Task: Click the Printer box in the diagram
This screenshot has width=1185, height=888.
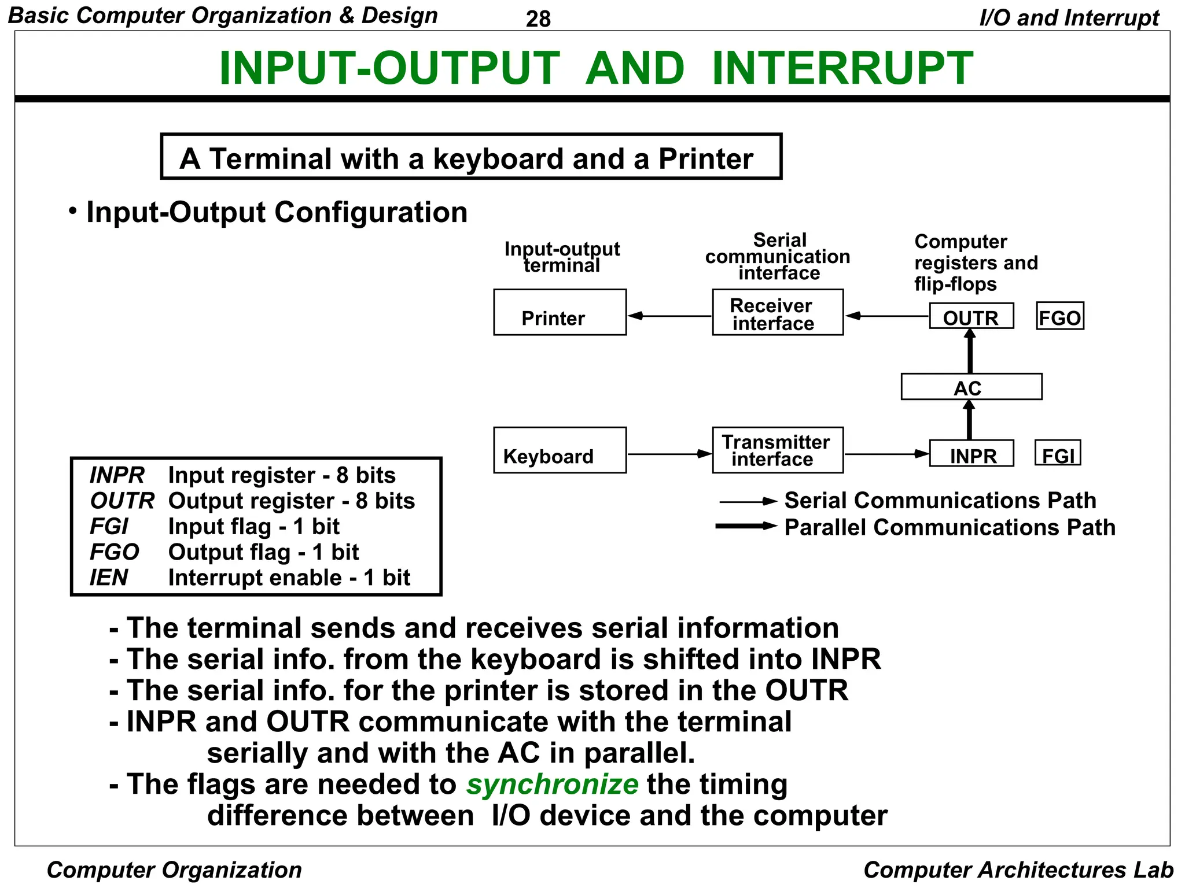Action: coord(560,312)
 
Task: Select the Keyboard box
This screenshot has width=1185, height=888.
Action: coord(560,450)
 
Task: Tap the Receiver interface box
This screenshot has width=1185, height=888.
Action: coord(777,312)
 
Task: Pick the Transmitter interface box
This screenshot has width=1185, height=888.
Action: coord(777,450)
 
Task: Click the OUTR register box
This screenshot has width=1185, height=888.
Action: coord(971,316)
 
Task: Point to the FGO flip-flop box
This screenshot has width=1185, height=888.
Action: coord(1059,316)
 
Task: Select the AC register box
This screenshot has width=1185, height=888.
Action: coord(971,387)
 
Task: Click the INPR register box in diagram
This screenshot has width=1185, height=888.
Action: coord(971,454)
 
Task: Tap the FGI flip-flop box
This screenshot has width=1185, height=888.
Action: coord(1057,453)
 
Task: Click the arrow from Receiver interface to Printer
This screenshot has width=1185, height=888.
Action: coord(669,316)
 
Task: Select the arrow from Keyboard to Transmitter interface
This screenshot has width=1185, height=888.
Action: coord(669,454)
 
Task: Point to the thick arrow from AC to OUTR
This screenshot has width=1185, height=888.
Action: coord(970,351)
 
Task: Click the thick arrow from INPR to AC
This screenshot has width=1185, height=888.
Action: coord(970,420)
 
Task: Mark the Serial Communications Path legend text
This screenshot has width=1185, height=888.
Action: coord(940,501)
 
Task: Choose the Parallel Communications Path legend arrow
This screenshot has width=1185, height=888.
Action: coord(746,526)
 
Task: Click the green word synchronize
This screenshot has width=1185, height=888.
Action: coord(552,785)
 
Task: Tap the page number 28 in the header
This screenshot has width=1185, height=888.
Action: coord(538,19)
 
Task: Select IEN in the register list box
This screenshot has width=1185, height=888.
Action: coord(109,578)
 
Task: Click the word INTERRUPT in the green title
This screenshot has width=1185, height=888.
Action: coord(842,68)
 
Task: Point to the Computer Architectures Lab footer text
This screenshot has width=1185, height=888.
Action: coord(1018,870)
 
